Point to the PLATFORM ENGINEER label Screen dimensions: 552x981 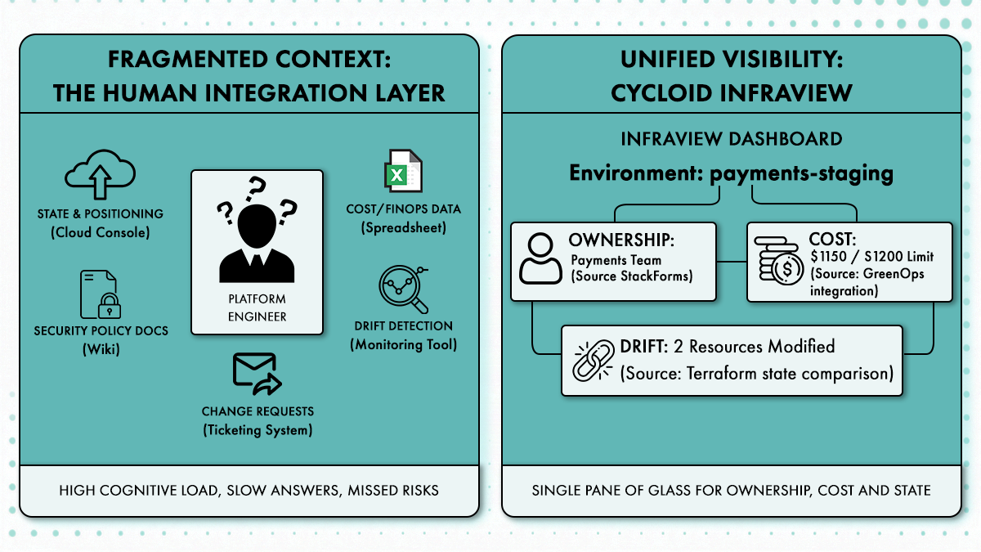[x=258, y=308]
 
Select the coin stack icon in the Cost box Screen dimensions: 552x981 [x=776, y=260]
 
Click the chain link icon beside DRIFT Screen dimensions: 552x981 [x=593, y=360]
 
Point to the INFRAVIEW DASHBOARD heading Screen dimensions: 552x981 [x=732, y=138]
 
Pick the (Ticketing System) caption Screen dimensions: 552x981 [x=258, y=429]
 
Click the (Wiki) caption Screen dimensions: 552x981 [x=100, y=349]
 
